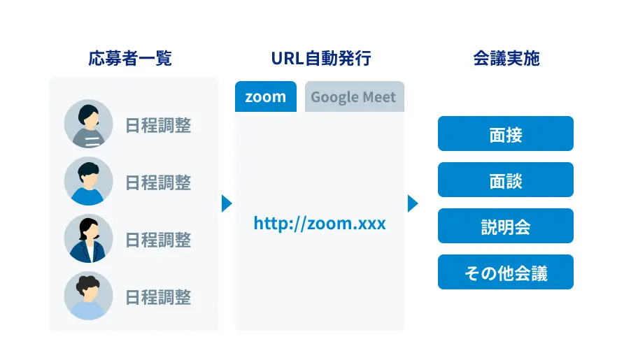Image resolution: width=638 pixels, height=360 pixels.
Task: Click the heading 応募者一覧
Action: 130,58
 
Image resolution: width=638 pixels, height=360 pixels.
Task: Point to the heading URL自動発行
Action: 321,58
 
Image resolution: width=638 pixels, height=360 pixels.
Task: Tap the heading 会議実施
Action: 506,58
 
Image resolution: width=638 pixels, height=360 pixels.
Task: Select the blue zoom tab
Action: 266,96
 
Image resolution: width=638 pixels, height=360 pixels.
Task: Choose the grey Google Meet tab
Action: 355,96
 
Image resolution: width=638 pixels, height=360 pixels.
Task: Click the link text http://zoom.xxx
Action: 320,223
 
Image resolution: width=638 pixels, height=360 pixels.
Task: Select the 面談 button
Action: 506,180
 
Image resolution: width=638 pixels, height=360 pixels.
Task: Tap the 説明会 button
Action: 506,226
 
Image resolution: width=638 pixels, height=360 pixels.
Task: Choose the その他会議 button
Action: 506,272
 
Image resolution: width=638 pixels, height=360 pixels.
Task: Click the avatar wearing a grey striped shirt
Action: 88,124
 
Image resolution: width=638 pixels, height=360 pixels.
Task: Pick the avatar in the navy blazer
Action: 88,238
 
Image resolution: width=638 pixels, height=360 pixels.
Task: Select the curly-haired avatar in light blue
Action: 88,296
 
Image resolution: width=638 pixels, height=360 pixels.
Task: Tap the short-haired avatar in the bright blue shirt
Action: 88,181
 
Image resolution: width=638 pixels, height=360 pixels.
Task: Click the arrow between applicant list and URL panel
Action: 227,203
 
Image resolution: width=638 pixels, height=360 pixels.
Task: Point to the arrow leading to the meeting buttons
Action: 413,203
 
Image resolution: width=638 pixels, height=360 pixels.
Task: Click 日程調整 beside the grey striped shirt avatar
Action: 158,125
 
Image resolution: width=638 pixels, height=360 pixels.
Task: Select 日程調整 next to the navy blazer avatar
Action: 158,240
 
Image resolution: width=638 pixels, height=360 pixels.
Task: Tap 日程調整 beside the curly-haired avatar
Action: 158,297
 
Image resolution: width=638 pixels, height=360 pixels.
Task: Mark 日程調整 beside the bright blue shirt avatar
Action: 158,182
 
